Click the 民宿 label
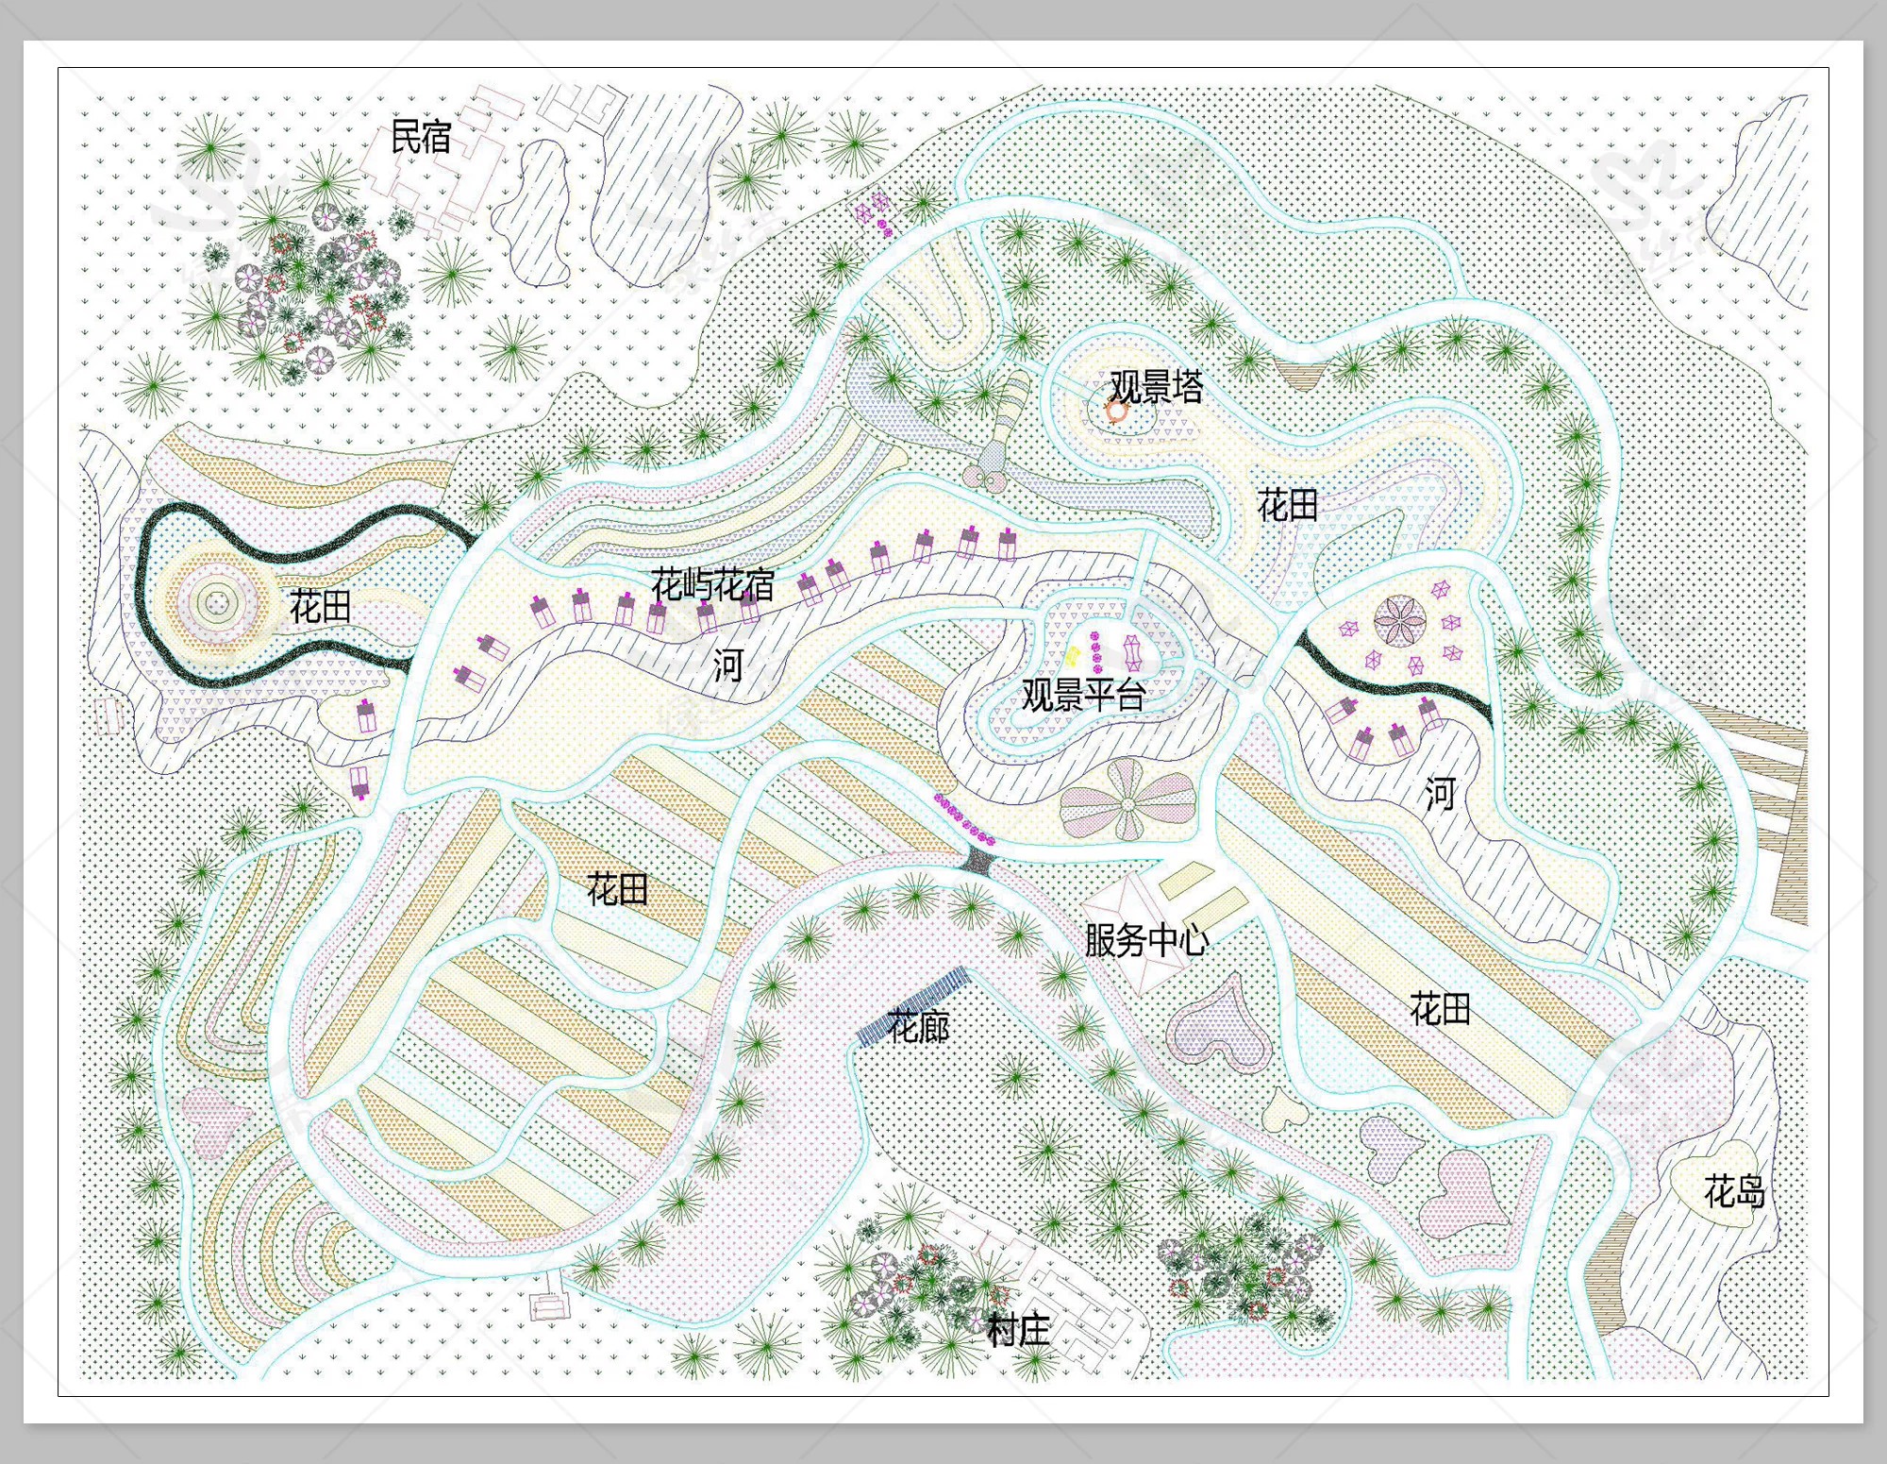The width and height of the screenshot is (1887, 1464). point(421,138)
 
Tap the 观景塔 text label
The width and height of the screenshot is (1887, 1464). point(1156,387)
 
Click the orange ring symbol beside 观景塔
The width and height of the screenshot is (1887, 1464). point(1116,412)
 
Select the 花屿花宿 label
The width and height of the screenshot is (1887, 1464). point(712,585)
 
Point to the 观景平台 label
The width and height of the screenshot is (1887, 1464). point(1083,696)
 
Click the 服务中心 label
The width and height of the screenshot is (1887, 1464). point(1145,940)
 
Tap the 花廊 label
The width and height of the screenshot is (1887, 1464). point(918,1026)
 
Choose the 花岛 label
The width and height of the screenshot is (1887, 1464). point(1734,1192)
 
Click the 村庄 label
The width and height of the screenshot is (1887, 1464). point(1018,1331)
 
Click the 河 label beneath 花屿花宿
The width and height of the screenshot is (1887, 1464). point(727,665)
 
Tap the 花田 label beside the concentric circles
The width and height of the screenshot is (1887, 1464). point(320,606)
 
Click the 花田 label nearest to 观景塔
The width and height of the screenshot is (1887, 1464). point(1287,506)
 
